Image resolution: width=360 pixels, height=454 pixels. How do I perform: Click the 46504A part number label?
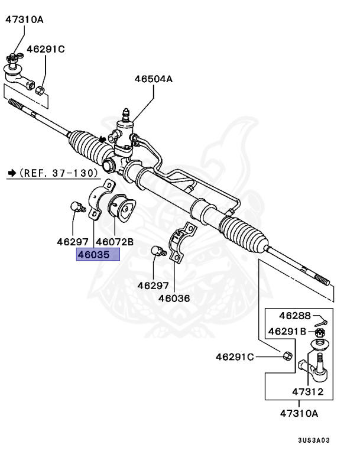coord(153,77)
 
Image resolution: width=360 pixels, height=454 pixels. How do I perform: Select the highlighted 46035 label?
coord(98,255)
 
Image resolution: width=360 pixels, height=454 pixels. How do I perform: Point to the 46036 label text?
coord(174,299)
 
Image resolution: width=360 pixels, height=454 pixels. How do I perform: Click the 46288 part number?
coord(294,316)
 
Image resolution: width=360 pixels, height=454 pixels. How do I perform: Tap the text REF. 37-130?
coord(61,173)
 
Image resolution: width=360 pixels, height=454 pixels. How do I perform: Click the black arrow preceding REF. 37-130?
coord(11,173)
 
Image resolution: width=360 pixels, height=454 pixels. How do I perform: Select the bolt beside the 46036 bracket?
coord(156,251)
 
